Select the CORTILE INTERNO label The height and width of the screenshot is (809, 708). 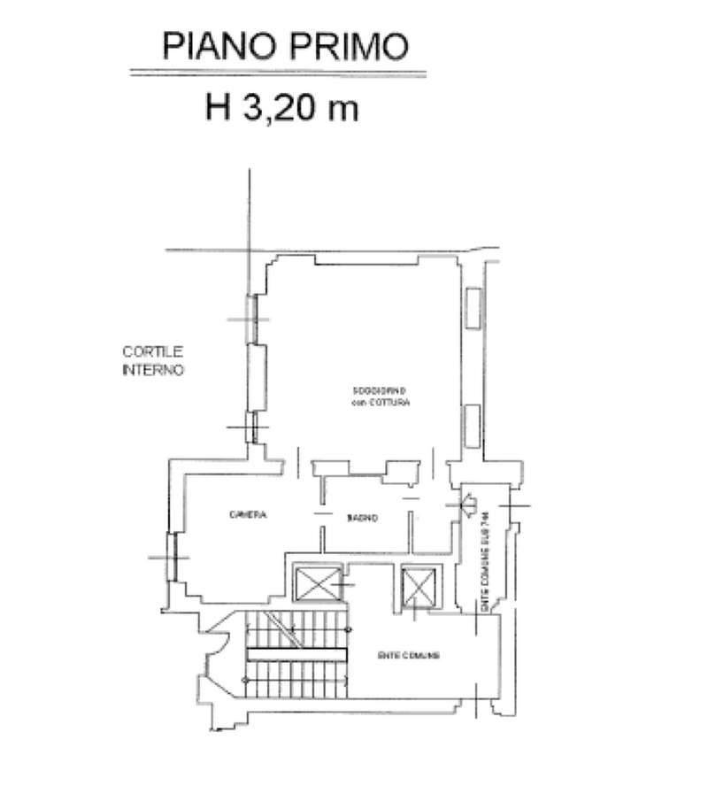pyautogui.click(x=152, y=361)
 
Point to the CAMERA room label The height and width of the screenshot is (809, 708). pyautogui.click(x=248, y=516)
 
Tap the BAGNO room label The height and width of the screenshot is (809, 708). pyautogui.click(x=362, y=519)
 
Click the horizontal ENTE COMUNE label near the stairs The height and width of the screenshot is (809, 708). pyautogui.click(x=409, y=656)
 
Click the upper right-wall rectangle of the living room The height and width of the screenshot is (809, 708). pyautogui.click(x=472, y=309)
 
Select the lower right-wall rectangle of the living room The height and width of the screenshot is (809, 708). pyautogui.click(x=472, y=424)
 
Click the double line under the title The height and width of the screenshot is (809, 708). pyautogui.click(x=278, y=73)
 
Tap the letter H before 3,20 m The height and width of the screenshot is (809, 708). pyautogui.click(x=218, y=108)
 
